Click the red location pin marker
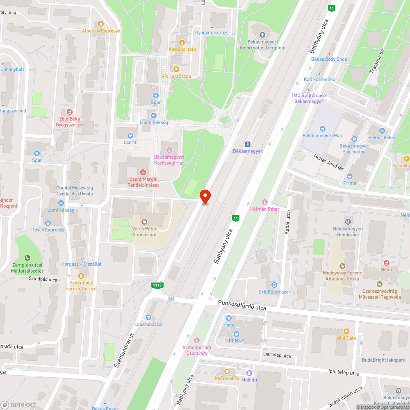pos(205,197)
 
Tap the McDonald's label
pos(227,378)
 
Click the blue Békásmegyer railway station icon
pos(247,144)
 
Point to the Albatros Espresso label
pos(101,31)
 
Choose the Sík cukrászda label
pos(176,76)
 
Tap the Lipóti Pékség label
pos(154,122)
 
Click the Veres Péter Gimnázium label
pos(144,231)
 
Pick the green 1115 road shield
pos(157,285)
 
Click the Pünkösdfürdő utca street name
pos(242,307)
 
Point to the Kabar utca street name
pos(287,223)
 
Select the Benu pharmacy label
pos(386,269)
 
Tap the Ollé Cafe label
pos(346,338)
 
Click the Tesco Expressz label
pos(48,230)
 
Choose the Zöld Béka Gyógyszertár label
pos(69,121)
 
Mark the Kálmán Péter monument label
pos(265,209)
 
